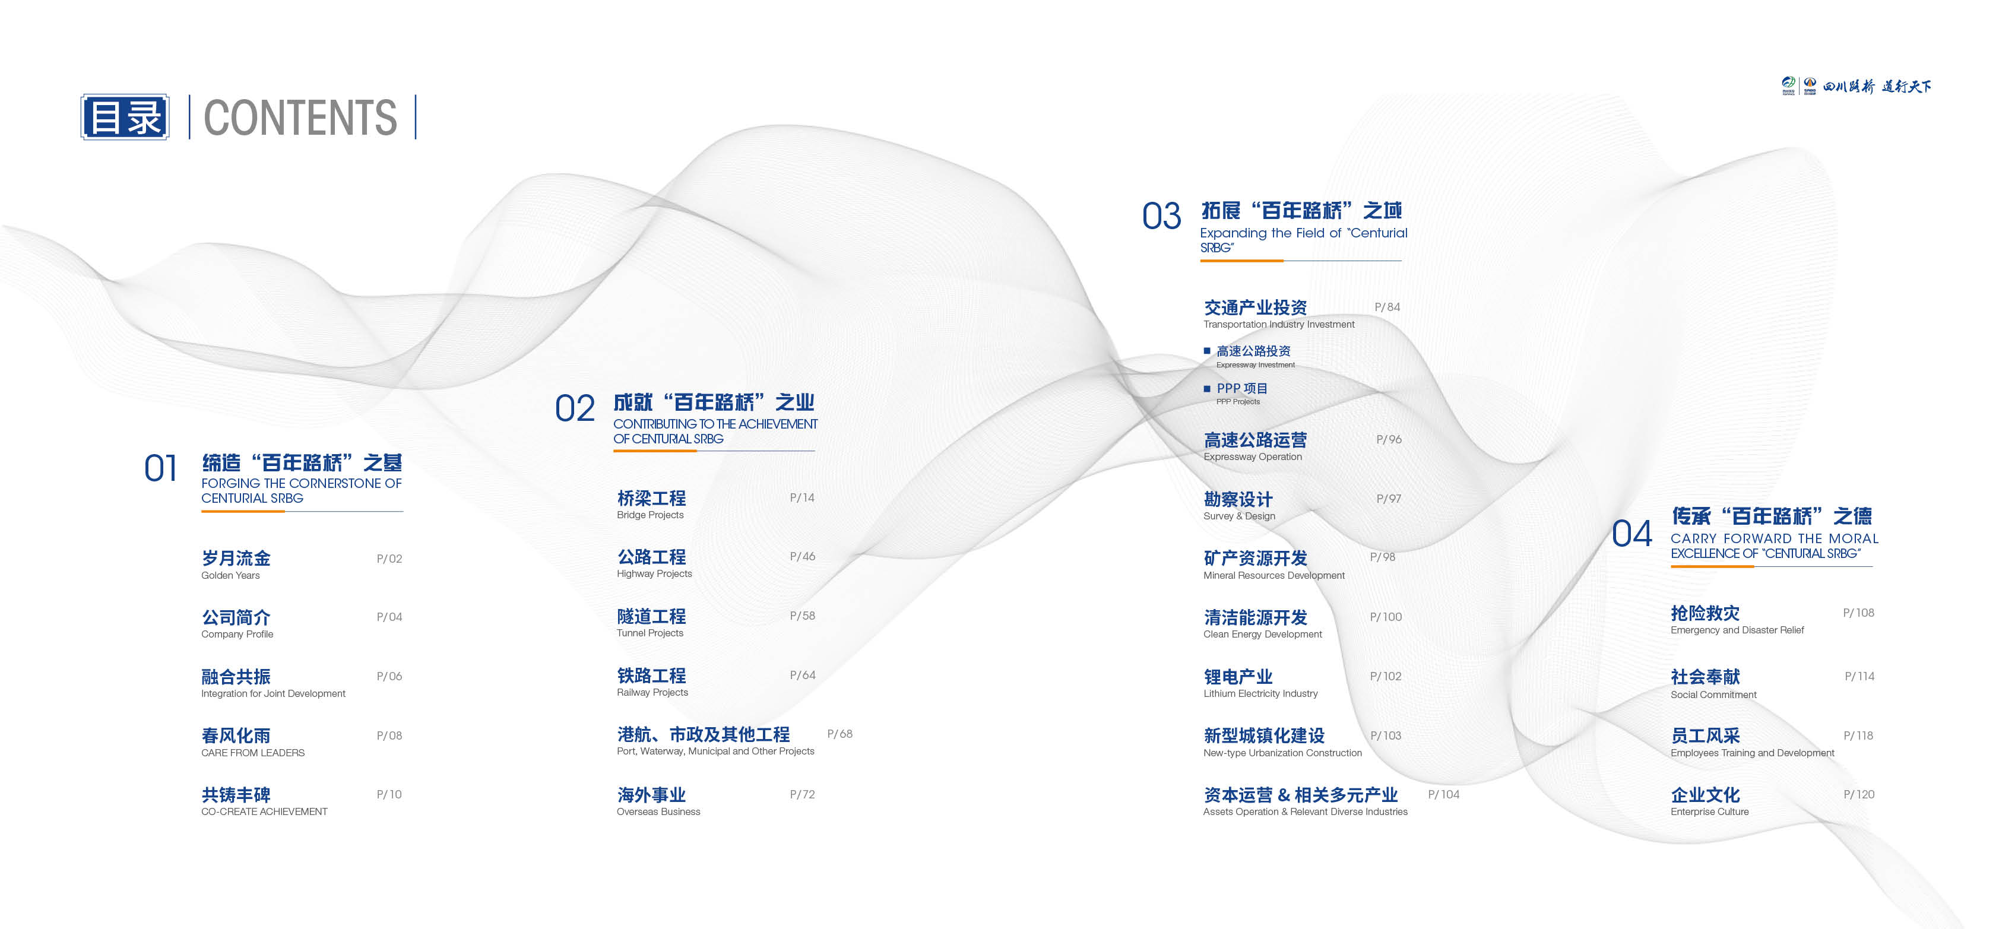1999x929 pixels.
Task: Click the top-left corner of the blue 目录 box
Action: [x=81, y=95]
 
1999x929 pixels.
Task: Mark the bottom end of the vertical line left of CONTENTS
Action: [x=189, y=139]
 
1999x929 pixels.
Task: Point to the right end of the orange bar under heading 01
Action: [x=285, y=512]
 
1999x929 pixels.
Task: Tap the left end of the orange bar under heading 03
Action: [x=1200, y=261]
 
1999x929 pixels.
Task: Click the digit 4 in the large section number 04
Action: [x=1642, y=534]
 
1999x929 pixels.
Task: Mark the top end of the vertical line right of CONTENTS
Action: [x=416, y=95]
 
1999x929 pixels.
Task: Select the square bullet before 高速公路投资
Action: [x=1206, y=351]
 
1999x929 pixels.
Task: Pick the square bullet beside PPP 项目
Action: [x=1206, y=388]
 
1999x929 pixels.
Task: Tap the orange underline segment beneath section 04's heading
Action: [x=1712, y=566]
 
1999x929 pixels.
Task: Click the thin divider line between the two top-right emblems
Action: [x=1800, y=85]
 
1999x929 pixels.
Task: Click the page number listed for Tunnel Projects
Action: [x=803, y=616]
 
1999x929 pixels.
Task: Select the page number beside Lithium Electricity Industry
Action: [x=1386, y=676]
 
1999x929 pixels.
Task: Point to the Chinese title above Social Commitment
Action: [x=1705, y=677]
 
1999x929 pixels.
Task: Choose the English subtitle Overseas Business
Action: [x=658, y=812]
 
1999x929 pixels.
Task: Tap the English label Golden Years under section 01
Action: [x=230, y=575]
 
